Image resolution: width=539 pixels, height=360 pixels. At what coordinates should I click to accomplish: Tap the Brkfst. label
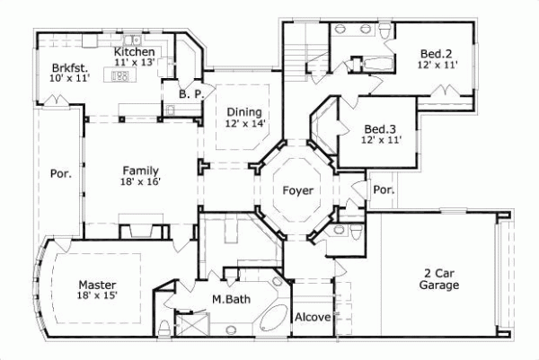click(x=68, y=67)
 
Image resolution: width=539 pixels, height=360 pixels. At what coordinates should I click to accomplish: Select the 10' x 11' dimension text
click(x=68, y=79)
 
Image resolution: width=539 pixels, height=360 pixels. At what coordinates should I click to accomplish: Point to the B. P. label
click(x=189, y=92)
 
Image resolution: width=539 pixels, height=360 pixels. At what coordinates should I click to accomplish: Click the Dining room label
click(x=245, y=111)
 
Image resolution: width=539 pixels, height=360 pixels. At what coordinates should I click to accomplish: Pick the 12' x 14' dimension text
click(x=245, y=124)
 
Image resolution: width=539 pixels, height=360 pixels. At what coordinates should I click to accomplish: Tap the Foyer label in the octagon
click(x=297, y=191)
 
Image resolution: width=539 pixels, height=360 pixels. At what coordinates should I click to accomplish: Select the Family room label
click(x=141, y=170)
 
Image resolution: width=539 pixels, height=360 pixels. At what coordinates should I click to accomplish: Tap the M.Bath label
click(x=230, y=299)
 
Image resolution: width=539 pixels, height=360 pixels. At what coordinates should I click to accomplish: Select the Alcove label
click(x=314, y=317)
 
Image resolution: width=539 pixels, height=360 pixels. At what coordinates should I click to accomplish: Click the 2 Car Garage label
click(x=439, y=279)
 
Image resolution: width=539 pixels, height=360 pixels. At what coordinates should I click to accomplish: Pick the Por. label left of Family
click(x=61, y=174)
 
